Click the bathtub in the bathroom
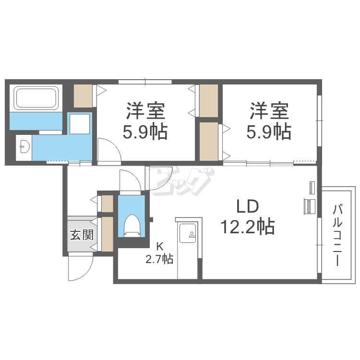pos(36,98)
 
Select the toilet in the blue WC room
pos(132,226)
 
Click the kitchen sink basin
pos(188,233)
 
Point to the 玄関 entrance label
pos(82,235)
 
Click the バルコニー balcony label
pos(337,236)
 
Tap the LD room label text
pos(248,206)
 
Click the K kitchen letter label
pos(159,247)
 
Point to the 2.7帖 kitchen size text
pos(159,259)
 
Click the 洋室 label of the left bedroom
pos(145,111)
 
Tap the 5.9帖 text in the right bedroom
pos(269,132)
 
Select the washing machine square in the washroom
pos(79,124)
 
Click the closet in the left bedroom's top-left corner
pos(83,96)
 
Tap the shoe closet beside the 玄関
pos(107,234)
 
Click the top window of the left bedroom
pos(145,82)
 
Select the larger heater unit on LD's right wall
pos(309,206)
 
